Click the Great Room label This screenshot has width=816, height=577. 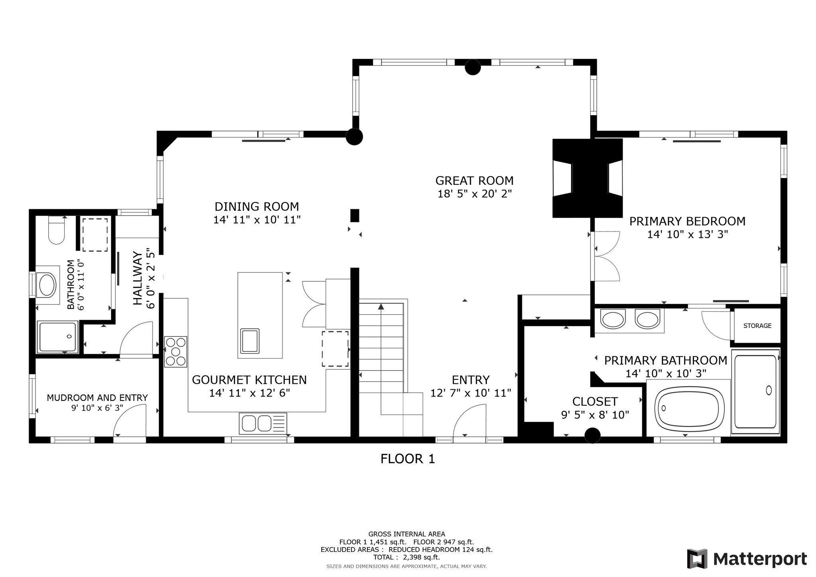[474, 181]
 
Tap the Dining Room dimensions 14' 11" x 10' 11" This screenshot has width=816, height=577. [257, 220]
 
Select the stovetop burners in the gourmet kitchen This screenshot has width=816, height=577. [176, 351]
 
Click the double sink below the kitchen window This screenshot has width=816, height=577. [257, 423]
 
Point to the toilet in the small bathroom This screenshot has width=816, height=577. [56, 231]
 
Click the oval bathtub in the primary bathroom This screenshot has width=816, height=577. [689, 408]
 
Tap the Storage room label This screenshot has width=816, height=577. [757, 326]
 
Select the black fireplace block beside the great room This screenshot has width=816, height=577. [587, 178]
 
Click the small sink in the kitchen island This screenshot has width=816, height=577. [250, 341]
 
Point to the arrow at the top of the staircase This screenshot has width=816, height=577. [381, 306]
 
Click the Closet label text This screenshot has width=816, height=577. [595, 401]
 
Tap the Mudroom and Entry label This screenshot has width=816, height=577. [97, 398]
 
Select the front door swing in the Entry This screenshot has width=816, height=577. [470, 420]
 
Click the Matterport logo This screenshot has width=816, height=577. [747, 559]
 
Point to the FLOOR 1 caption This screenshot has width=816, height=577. [408, 459]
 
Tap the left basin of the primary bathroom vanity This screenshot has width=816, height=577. [613, 320]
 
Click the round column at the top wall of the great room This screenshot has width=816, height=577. [473, 67]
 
